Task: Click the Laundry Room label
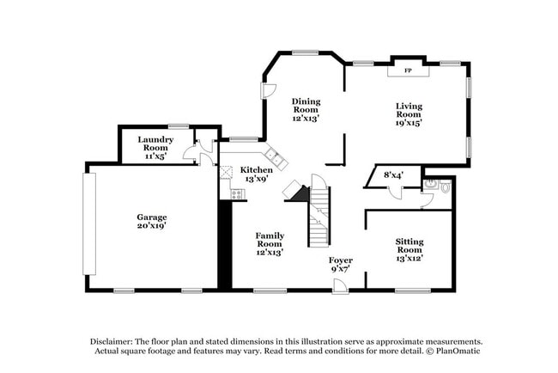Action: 156,144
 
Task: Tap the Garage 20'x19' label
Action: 151,222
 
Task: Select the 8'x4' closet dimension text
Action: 393,175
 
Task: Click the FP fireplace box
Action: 408,70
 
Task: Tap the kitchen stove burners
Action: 236,193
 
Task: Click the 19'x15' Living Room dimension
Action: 408,123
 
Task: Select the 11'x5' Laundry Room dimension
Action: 156,157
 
